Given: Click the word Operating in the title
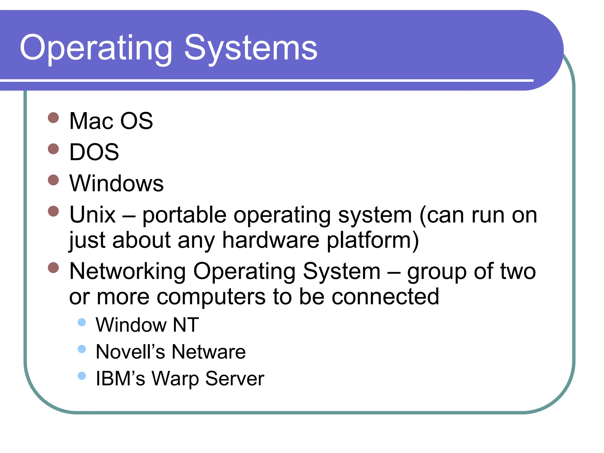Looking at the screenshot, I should point(96,48).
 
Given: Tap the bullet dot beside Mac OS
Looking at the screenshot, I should point(53,118).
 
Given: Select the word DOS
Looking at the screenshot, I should point(94,152).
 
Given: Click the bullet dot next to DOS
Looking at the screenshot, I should point(53,149).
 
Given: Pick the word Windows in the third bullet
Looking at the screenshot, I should point(116,183).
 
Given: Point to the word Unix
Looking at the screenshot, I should point(92,215).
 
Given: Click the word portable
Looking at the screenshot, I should point(184,215).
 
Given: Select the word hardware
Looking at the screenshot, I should point(271,240).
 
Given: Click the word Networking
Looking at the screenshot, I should point(127,271).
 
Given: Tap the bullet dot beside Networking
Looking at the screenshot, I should point(53,268).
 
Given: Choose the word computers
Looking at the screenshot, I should point(211,297).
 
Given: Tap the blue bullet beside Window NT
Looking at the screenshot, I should point(82,322).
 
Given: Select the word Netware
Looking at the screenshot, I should point(209,352).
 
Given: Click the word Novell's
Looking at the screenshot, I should point(130,352).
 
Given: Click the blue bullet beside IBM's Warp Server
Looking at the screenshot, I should point(82,376).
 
